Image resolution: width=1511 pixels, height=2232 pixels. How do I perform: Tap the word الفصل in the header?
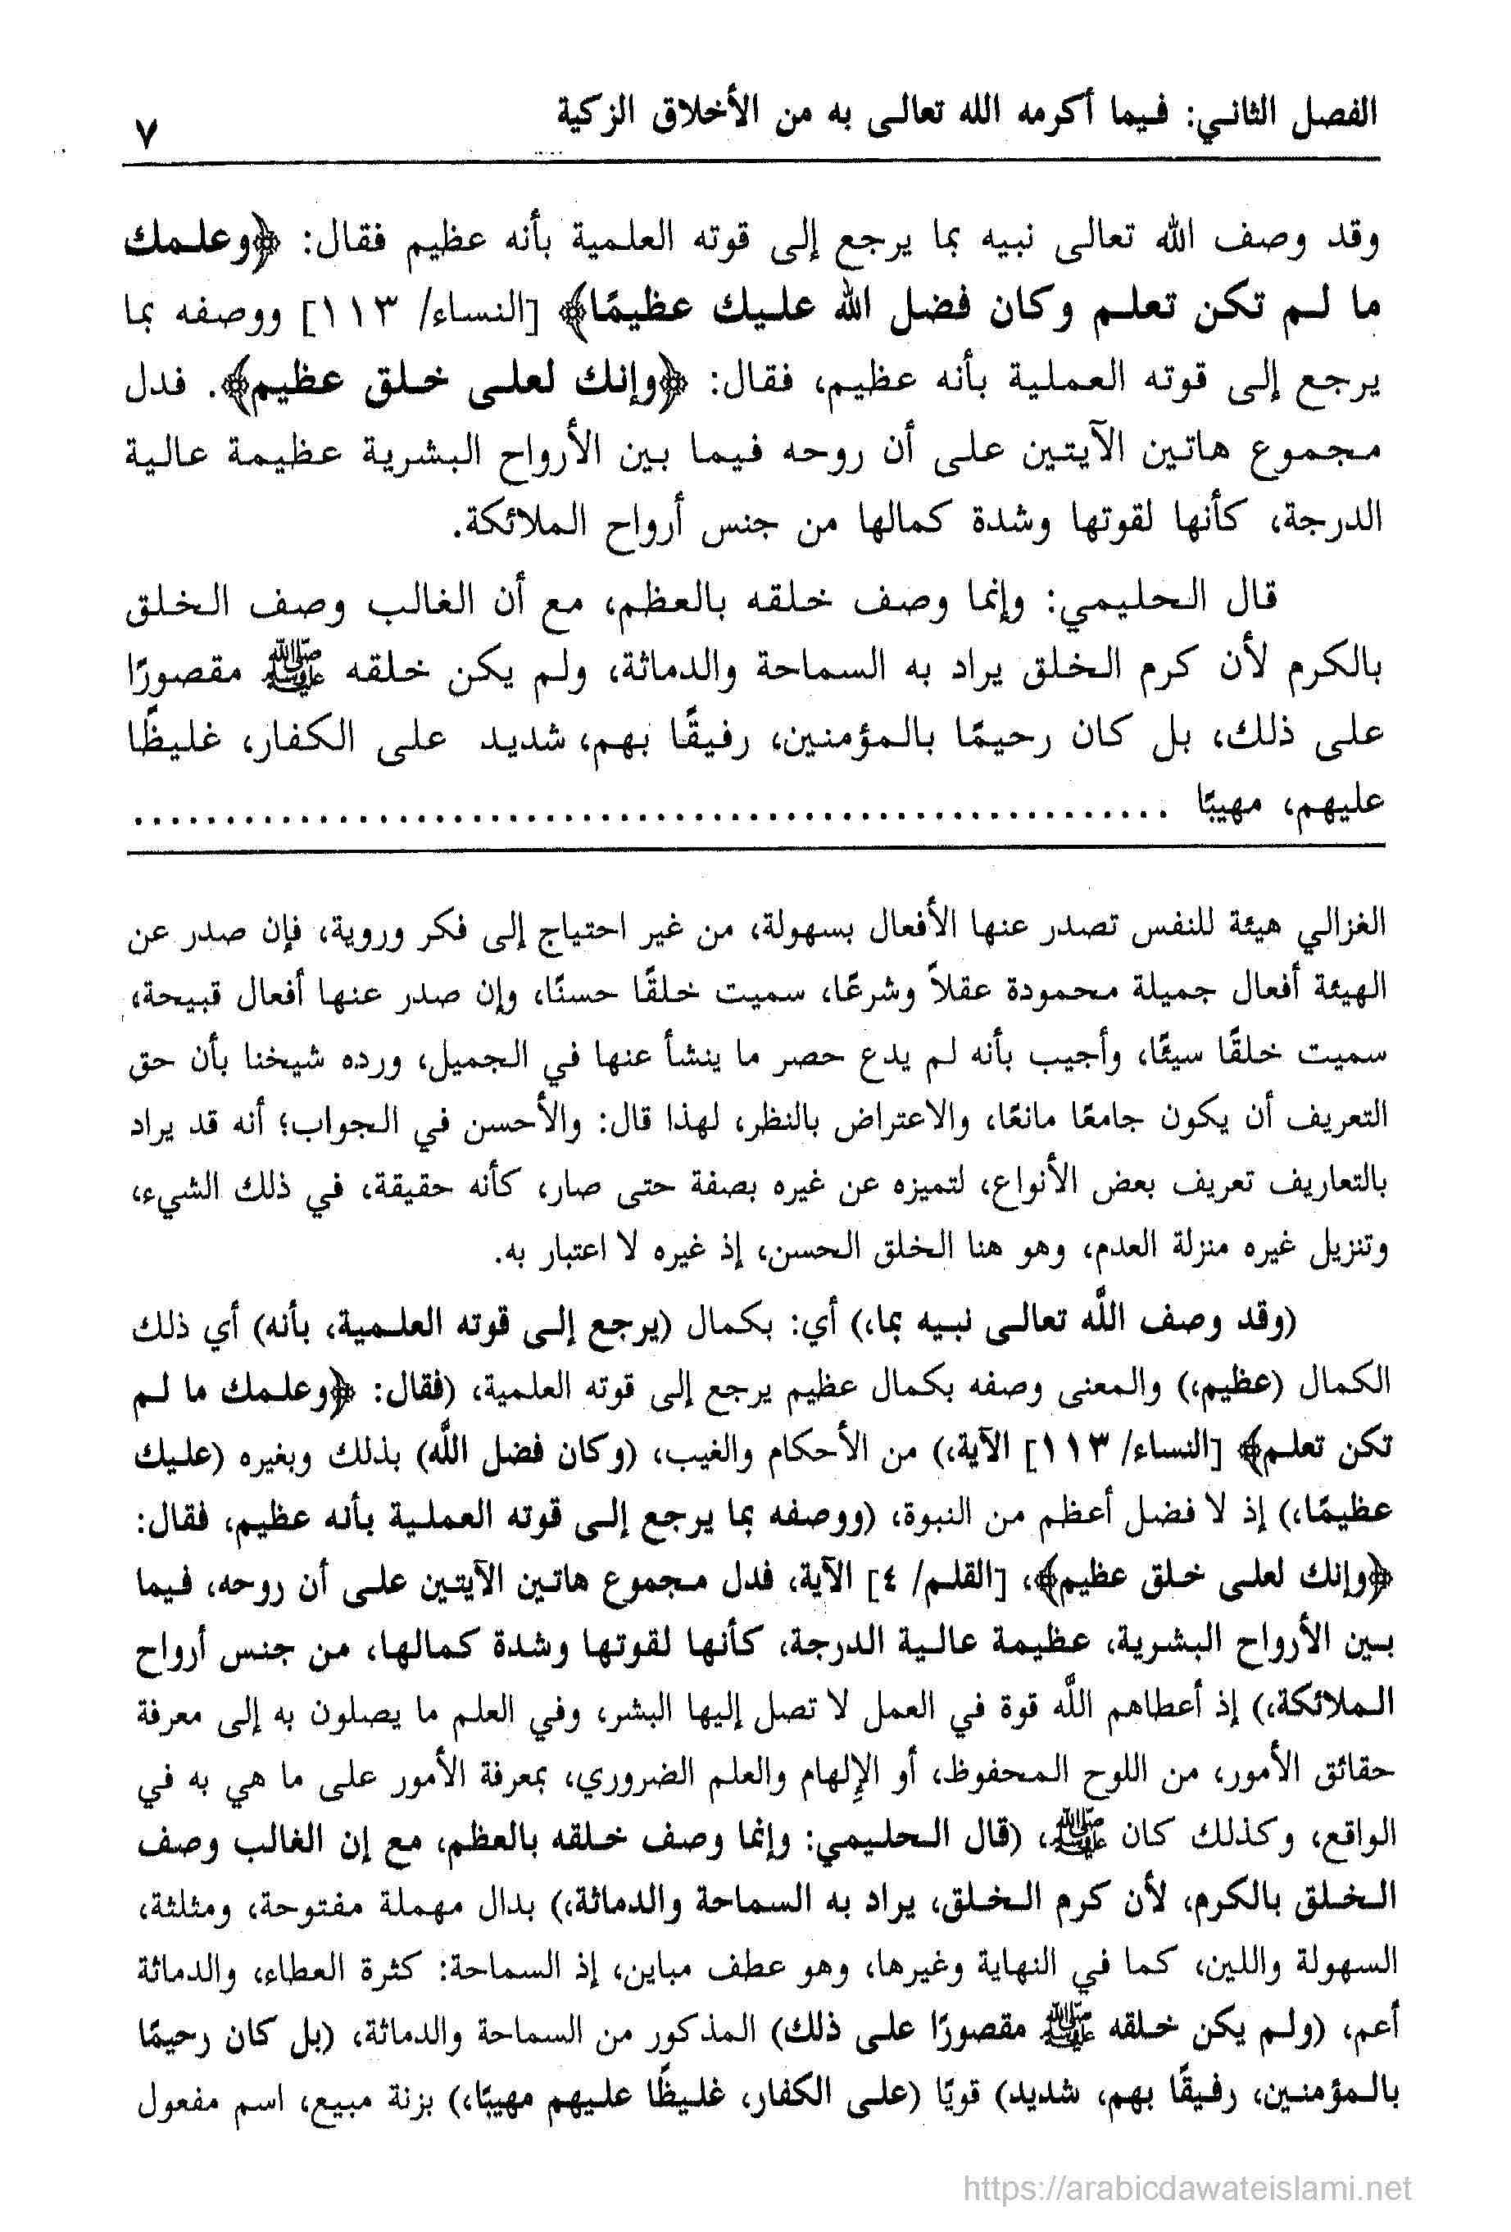click(x=1331, y=113)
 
